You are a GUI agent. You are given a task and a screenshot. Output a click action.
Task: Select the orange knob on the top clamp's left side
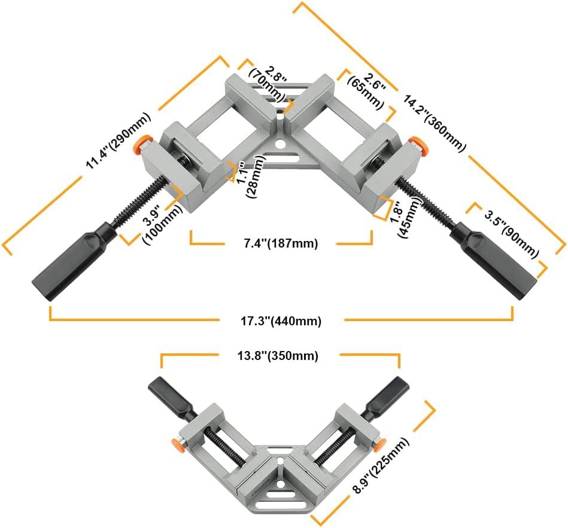[x=142, y=142]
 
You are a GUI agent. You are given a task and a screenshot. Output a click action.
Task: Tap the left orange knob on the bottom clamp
[x=177, y=444]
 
